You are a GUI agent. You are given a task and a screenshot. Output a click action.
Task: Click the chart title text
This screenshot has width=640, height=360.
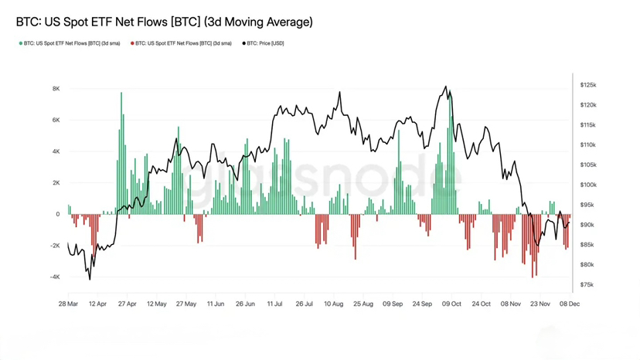(x=164, y=22)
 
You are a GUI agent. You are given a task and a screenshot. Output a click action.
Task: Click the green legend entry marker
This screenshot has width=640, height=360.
(x=20, y=43)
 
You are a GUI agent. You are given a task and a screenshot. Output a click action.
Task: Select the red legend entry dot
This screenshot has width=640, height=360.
(x=132, y=43)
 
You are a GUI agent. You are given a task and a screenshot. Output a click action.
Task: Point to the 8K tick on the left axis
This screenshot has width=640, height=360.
(x=56, y=89)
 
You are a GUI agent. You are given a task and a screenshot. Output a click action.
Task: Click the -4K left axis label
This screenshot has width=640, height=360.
(x=54, y=277)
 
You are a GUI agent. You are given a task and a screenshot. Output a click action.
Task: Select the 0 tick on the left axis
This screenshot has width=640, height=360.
(x=57, y=214)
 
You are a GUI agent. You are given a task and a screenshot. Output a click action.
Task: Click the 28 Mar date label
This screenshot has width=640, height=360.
(x=67, y=304)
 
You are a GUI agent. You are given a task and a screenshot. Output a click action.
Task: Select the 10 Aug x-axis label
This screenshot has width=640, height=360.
(x=333, y=304)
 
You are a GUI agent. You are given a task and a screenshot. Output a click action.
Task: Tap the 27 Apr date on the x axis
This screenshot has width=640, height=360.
(x=126, y=304)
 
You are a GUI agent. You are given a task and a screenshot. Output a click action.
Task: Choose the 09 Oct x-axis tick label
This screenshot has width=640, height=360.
(x=451, y=304)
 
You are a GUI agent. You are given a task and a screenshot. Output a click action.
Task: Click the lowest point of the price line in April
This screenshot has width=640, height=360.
(x=90, y=279)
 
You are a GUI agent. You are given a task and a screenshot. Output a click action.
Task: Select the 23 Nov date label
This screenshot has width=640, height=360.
(x=539, y=304)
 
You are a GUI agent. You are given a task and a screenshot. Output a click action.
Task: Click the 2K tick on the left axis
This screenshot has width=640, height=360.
(x=56, y=183)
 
